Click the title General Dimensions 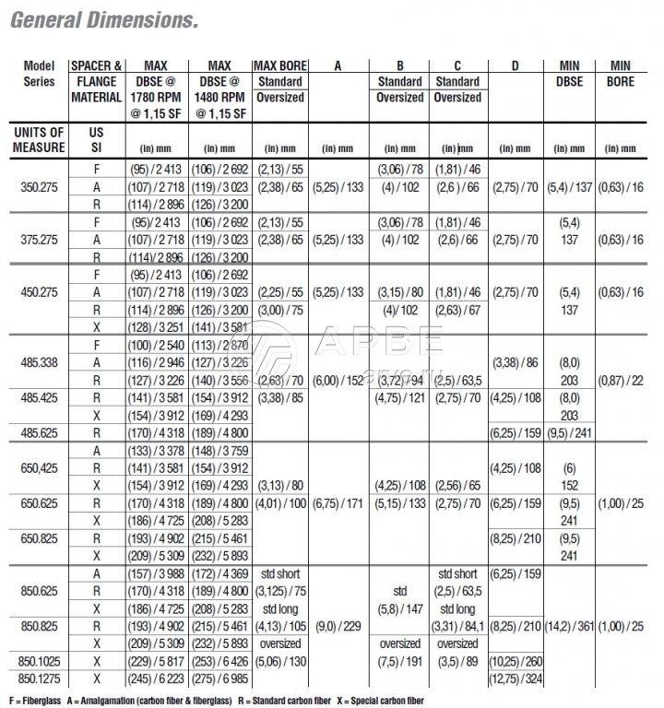(x=102, y=19)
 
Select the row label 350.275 (x=39, y=185)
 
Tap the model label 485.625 (x=39, y=431)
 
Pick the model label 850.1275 (x=39, y=678)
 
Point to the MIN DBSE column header (x=569, y=73)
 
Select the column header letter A (x=337, y=65)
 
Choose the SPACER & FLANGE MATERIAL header (x=96, y=81)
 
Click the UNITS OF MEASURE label (x=39, y=140)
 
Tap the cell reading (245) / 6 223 (x=156, y=678)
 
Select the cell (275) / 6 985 (x=219, y=678)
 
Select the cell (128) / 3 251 (x=156, y=326)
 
